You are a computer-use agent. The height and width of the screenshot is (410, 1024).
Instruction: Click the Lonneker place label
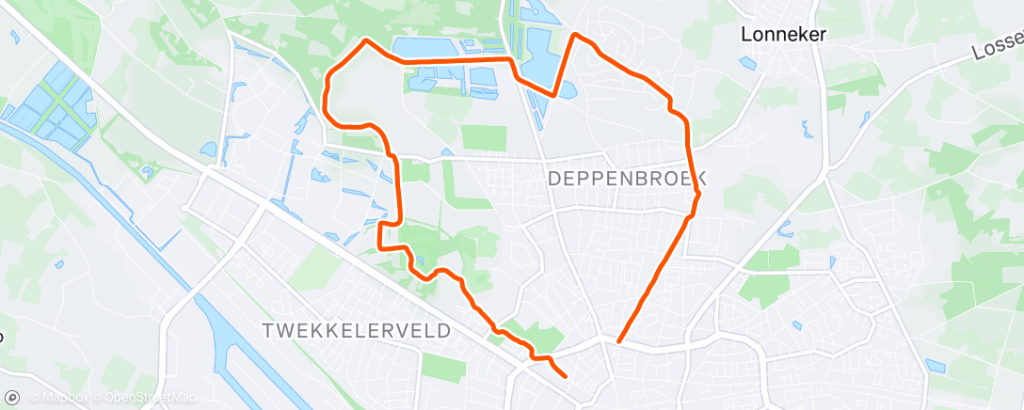tap(783, 35)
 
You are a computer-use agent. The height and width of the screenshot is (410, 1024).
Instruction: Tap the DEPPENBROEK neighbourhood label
tap(625, 178)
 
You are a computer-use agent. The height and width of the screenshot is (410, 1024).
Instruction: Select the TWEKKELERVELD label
tap(357, 331)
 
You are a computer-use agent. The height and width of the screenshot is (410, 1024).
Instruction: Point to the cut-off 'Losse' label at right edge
tap(999, 47)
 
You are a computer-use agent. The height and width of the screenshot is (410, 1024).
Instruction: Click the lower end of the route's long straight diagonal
tap(618, 340)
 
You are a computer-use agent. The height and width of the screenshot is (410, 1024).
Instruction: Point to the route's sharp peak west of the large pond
tap(366, 39)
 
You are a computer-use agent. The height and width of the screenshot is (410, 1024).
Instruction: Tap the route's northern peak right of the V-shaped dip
tap(575, 35)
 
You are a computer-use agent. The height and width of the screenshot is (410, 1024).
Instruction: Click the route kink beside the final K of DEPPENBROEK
tap(698, 194)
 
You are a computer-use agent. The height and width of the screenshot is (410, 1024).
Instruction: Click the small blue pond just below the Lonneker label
tap(748, 64)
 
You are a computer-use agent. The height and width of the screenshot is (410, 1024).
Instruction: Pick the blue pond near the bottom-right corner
tap(935, 365)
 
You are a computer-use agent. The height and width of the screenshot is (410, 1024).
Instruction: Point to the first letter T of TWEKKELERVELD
tap(269, 331)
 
